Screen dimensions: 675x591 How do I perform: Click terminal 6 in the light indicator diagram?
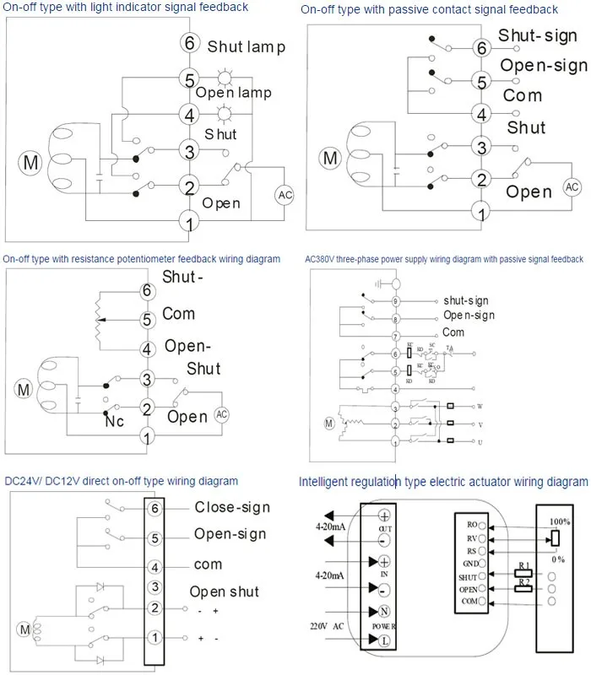coord(190,44)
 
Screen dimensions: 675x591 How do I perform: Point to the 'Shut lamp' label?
coord(246,46)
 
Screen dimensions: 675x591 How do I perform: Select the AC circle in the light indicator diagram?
coord(284,195)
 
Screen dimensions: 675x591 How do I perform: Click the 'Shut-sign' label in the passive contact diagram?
coord(537,35)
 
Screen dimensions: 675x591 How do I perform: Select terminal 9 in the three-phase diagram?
coord(395,300)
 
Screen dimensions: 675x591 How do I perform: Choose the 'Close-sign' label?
coord(232,507)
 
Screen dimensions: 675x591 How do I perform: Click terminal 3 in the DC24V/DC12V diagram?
coord(155,588)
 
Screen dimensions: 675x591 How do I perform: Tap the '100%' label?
coord(559,521)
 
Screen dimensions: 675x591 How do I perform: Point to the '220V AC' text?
coord(329,626)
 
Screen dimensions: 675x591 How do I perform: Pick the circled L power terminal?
coord(384,640)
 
